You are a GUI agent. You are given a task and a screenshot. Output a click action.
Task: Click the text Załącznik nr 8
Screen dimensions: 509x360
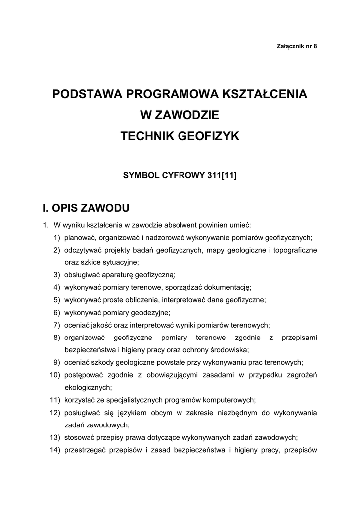pyautogui.click(x=296, y=46)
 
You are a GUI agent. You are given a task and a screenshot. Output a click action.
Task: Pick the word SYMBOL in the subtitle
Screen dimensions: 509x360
pyautogui.click(x=141, y=175)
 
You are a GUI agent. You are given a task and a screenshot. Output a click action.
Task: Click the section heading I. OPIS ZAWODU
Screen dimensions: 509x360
pyautogui.click(x=87, y=207)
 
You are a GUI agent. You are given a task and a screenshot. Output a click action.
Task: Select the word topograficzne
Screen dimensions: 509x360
pyautogui.click(x=295, y=250)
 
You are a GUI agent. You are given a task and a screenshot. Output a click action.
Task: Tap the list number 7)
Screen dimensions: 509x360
pyautogui.click(x=57, y=325)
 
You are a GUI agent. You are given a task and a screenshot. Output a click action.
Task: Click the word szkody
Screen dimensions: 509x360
pyautogui.click(x=105, y=362)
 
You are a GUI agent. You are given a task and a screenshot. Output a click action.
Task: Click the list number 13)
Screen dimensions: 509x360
pyautogui.click(x=55, y=438)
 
